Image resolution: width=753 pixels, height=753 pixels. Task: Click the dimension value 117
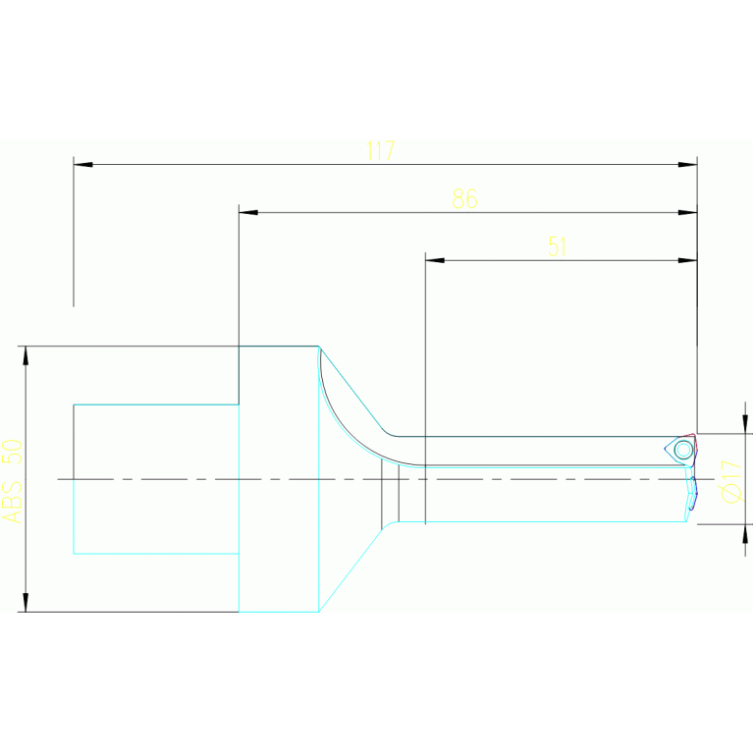point(380,150)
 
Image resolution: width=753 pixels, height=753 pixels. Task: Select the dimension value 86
point(464,198)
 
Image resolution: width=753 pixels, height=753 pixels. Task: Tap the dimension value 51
point(558,246)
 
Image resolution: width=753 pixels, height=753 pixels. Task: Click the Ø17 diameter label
point(731,481)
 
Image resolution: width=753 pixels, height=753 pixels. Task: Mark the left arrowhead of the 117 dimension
point(82,164)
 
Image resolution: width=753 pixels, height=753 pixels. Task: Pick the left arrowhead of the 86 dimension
point(247,212)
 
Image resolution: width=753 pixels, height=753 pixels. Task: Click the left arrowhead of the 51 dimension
point(434,260)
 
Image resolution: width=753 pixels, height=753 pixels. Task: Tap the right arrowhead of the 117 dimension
point(688,164)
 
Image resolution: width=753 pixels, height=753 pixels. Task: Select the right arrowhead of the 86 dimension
point(688,212)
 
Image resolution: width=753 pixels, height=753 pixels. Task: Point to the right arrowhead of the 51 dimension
point(688,260)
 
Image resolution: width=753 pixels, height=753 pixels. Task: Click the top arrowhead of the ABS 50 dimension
point(26,354)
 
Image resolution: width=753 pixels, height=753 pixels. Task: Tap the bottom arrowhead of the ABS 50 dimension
point(26,602)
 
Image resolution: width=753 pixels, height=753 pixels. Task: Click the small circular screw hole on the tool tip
point(683,450)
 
